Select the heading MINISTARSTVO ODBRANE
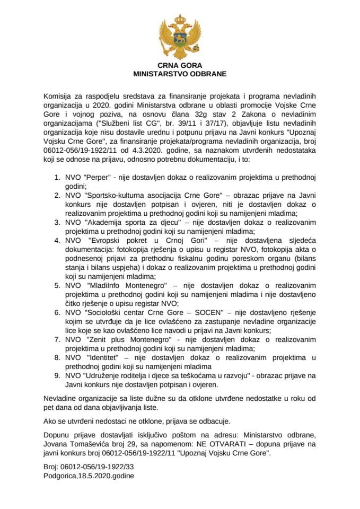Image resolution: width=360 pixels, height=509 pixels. pyautogui.click(x=180, y=74)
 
